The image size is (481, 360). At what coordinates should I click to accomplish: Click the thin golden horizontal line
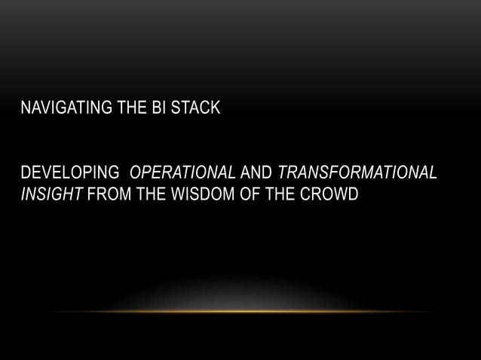point(240,311)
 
